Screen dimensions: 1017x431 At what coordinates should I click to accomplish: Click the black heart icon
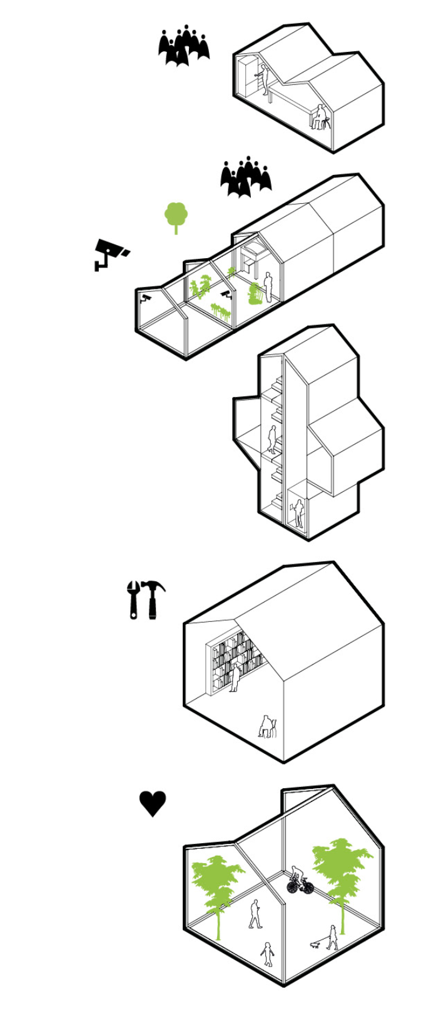(x=153, y=803)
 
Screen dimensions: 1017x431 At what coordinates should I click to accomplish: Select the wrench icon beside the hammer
(x=133, y=600)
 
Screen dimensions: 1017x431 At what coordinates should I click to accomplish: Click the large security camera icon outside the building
(x=110, y=253)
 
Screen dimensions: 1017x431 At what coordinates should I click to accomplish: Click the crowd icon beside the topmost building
(x=183, y=46)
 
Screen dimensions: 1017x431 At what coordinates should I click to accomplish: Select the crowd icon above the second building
(x=245, y=177)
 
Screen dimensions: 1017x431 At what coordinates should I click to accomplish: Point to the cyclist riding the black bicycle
(x=299, y=879)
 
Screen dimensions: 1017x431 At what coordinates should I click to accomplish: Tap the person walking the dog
(x=333, y=937)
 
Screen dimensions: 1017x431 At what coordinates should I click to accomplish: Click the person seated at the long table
(x=319, y=117)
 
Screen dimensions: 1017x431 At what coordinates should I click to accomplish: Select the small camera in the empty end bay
(x=146, y=298)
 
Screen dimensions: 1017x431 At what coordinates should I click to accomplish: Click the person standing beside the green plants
(x=268, y=287)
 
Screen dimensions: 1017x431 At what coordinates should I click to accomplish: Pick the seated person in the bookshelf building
(x=268, y=727)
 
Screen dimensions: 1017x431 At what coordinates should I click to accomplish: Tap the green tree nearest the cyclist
(x=341, y=869)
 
